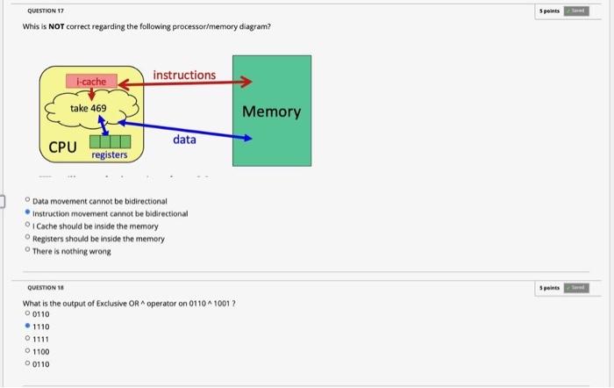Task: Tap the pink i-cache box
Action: pyautogui.click(x=91, y=82)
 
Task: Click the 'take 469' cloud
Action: pyautogui.click(x=89, y=109)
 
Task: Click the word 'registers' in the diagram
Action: pyautogui.click(x=109, y=155)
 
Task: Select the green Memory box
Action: pyautogui.click(x=271, y=111)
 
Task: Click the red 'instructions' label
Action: pyautogui.click(x=184, y=75)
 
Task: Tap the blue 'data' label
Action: pyautogui.click(x=184, y=140)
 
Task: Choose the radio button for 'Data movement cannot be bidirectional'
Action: pyautogui.click(x=28, y=201)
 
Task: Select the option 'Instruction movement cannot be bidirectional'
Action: pyautogui.click(x=28, y=213)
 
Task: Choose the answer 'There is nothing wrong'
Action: pyautogui.click(x=28, y=251)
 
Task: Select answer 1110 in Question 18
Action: pyautogui.click(x=27, y=326)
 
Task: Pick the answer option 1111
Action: pyautogui.click(x=27, y=338)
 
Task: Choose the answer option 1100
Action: pyautogui.click(x=27, y=350)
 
